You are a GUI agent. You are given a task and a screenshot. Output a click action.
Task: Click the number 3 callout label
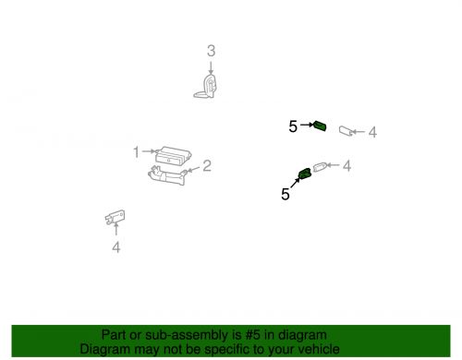[x=211, y=51]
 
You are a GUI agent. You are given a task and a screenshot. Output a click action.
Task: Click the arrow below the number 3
[x=211, y=67]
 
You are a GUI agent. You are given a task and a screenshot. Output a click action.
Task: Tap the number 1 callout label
[x=135, y=151]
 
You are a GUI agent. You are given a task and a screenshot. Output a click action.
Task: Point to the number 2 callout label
[x=207, y=166]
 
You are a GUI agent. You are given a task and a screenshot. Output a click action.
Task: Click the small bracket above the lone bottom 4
[x=115, y=217]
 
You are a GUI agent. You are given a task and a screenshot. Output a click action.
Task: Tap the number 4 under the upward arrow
[x=115, y=247]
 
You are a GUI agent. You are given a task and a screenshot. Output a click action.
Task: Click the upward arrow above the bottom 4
[x=115, y=232]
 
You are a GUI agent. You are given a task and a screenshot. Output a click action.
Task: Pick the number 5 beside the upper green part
[x=293, y=126]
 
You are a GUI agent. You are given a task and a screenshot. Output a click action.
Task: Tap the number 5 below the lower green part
[x=286, y=195]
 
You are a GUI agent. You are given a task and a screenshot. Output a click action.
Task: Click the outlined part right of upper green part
[x=347, y=131]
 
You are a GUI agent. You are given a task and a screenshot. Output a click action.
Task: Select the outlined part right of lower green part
[x=321, y=167]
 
